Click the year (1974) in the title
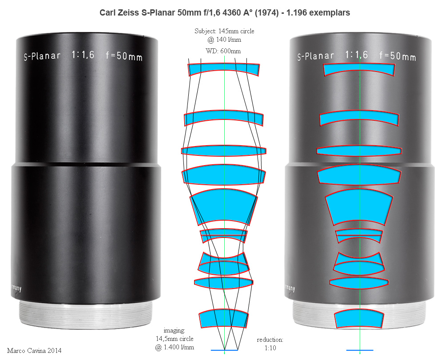(x=266, y=13)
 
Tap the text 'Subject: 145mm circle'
(x=224, y=31)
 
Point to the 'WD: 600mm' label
(x=223, y=51)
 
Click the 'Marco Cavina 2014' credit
(x=34, y=351)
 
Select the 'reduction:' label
(x=270, y=340)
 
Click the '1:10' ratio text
(x=270, y=348)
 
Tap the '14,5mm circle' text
(x=175, y=339)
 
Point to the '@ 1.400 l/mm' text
(x=175, y=347)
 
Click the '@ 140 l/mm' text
(x=224, y=40)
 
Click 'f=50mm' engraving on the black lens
(x=124, y=55)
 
